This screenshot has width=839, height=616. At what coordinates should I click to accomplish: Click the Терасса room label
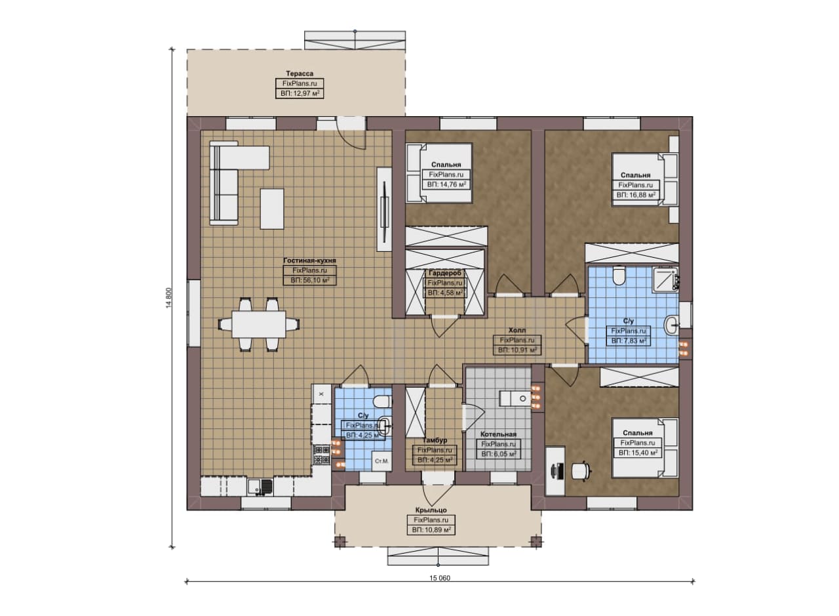(300, 73)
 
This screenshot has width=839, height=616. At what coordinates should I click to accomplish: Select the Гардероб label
(445, 273)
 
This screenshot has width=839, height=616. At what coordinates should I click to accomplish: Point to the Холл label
(517, 331)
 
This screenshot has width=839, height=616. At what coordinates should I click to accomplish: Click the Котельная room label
(498, 434)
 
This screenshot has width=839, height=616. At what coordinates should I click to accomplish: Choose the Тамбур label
(435, 440)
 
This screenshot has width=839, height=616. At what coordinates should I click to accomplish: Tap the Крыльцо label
(431, 510)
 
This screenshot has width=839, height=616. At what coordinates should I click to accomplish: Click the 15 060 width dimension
(440, 578)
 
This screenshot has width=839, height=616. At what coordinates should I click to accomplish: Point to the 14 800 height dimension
(168, 298)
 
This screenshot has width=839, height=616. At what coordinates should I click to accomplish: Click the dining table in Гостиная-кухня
(258, 325)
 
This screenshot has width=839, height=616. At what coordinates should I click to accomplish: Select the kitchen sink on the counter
(260, 487)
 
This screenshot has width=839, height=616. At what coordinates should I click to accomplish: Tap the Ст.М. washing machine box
(381, 461)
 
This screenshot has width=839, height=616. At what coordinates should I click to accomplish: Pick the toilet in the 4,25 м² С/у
(383, 402)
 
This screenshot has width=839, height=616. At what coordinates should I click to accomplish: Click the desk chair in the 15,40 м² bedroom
(581, 471)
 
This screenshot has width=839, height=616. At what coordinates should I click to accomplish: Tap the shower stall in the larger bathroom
(666, 279)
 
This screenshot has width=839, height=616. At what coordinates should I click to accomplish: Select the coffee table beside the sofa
(272, 209)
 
